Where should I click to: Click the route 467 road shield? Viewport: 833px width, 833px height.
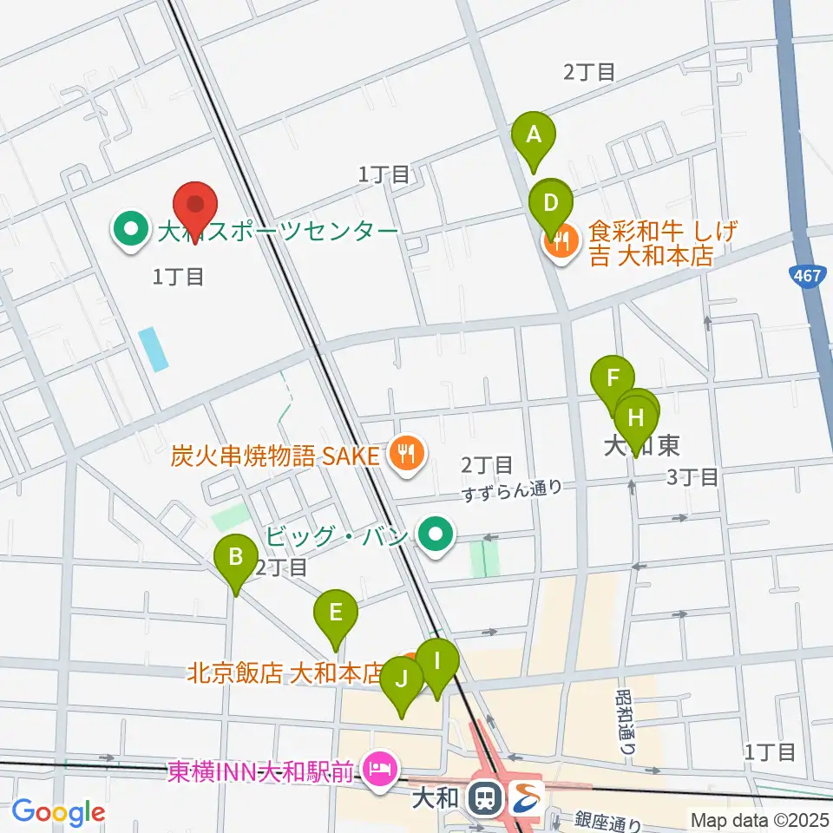807,275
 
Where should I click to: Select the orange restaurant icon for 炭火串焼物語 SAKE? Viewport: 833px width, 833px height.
405,452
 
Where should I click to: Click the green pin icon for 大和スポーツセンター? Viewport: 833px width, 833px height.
132,231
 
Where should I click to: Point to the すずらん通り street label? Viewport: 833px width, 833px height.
512,489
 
